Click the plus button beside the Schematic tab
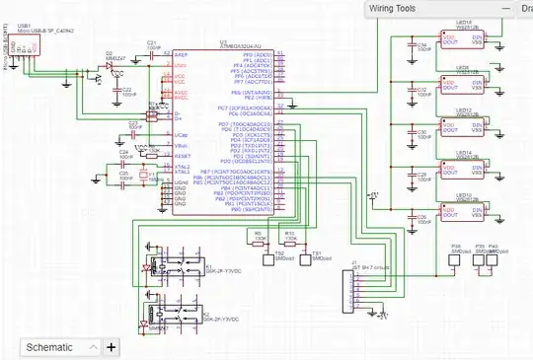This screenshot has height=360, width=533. point(111,347)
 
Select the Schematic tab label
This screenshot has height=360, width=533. point(49,347)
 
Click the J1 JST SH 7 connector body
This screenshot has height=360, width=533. point(347,285)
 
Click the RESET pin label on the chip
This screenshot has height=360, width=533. point(181,156)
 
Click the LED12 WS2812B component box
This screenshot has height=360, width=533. point(465,127)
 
